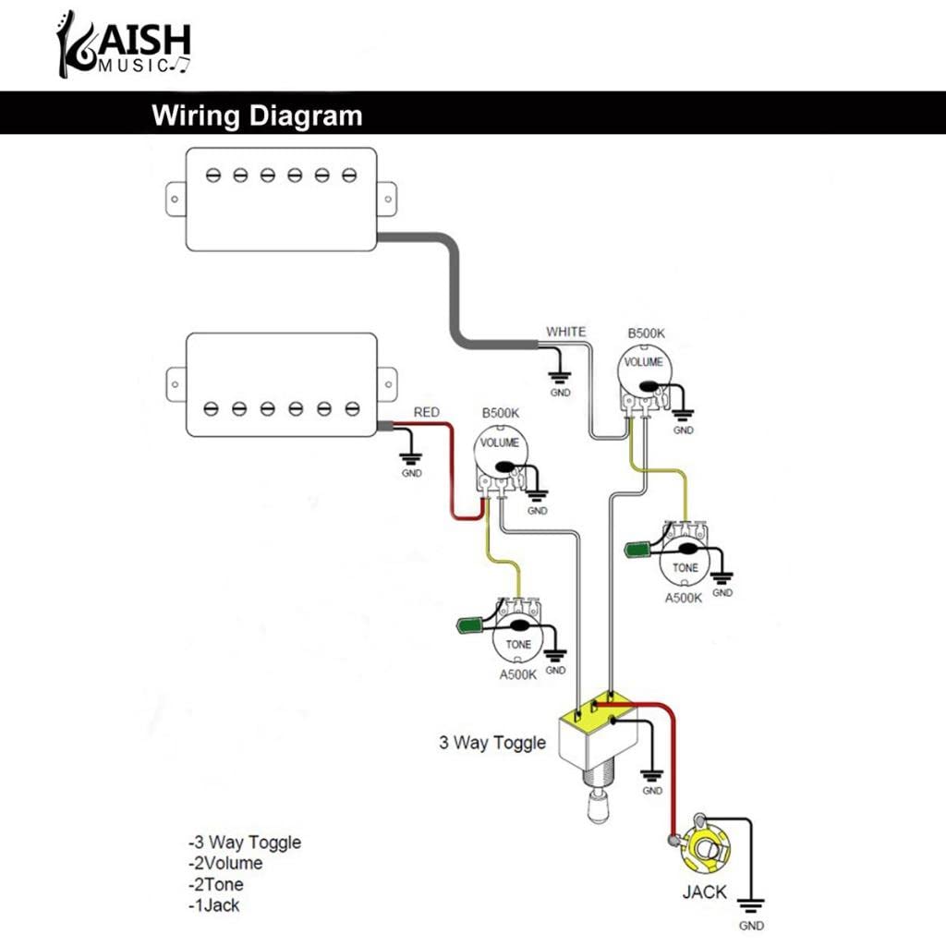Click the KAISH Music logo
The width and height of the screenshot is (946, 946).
point(123,44)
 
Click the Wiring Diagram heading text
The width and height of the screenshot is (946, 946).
point(257,116)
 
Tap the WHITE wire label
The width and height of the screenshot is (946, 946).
point(565,332)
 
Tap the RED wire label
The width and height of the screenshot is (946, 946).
point(426,412)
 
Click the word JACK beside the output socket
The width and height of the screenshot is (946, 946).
point(704,892)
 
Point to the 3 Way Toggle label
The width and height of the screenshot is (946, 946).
point(491,743)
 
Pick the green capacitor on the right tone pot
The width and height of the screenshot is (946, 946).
point(639,550)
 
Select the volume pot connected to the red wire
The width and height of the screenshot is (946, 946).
point(500,452)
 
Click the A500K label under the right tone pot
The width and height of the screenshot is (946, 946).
point(684,598)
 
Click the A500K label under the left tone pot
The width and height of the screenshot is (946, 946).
point(517,674)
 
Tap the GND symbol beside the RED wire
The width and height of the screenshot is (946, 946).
point(411,458)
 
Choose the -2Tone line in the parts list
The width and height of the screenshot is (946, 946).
point(216,884)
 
